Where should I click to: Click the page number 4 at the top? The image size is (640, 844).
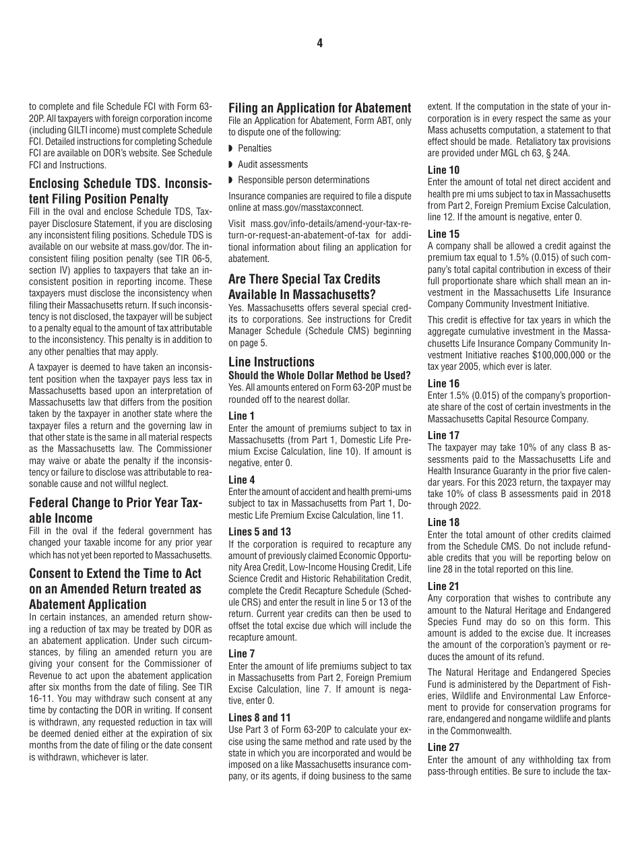pyautogui.click(x=320, y=43)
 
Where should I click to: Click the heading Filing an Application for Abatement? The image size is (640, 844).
pyautogui.click(x=319, y=108)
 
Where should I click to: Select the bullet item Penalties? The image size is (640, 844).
pyautogui.click(x=255, y=148)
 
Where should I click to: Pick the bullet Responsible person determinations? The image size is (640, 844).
pyautogui.click(x=303, y=180)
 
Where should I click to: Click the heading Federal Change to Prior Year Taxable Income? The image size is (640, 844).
pyautogui.click(x=115, y=510)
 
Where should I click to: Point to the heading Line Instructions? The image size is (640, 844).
pyautogui.click(x=271, y=362)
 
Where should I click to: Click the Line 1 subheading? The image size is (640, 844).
pyautogui.click(x=242, y=416)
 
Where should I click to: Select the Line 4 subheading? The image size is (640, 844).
pyautogui.click(x=242, y=480)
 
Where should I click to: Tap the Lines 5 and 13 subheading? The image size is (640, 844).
pyautogui.click(x=259, y=531)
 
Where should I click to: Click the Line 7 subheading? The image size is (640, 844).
pyautogui.click(x=242, y=653)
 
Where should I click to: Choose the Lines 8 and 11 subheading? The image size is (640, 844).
pyautogui.click(x=259, y=717)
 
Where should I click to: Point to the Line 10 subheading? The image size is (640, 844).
pyautogui.click(x=443, y=170)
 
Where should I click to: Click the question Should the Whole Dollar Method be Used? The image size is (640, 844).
pyautogui.click(x=319, y=375)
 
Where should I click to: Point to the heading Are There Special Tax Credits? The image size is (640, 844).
pyautogui.click(x=304, y=279)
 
